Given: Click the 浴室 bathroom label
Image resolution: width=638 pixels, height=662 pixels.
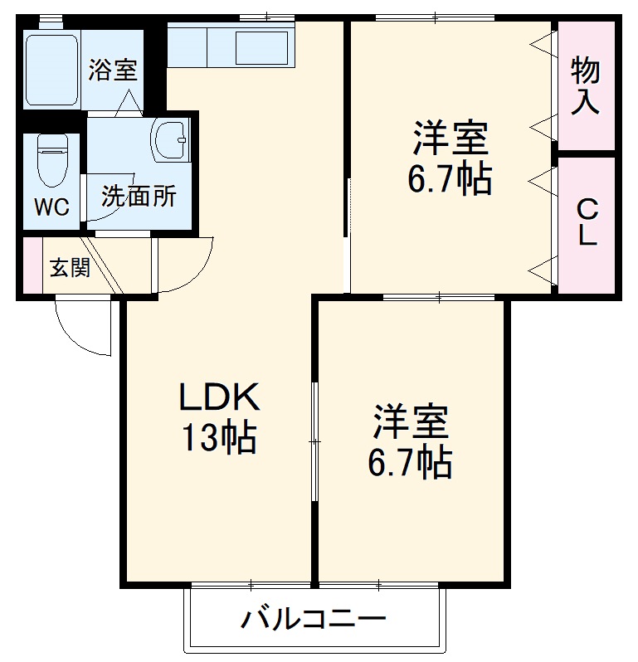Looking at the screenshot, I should pos(113,71).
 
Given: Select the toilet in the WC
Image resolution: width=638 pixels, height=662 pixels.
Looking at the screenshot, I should pos(51,162).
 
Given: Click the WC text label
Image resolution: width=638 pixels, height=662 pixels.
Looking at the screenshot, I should pos(51,207).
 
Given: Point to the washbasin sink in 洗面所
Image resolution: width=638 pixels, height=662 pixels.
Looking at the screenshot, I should pos(171,138).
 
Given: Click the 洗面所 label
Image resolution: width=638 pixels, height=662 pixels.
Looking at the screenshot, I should pos(139,197).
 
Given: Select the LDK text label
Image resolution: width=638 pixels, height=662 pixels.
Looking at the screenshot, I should pos(221,398).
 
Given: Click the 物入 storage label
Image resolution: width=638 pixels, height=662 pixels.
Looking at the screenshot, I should pos(586,86).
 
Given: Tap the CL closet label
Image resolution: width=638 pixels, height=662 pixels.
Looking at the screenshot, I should pos(587,222).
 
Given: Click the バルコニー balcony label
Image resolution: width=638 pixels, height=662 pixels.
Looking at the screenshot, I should pos(314,619).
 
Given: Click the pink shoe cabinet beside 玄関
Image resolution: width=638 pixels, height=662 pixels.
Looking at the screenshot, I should pos(31,266).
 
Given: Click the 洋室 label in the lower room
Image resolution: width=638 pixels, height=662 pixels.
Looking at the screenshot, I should pos(410,422).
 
